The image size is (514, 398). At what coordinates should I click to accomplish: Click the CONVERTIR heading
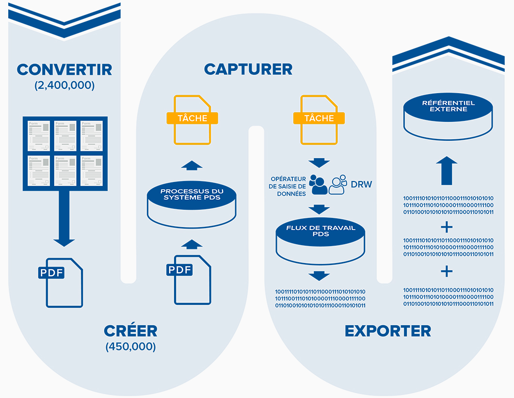pos(64,69)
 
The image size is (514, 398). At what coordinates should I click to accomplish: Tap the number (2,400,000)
pos(64,85)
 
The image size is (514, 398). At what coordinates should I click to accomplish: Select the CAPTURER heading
pos(248,69)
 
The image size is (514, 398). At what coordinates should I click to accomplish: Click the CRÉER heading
pos(130,331)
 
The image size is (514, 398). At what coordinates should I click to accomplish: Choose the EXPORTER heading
pos(388,331)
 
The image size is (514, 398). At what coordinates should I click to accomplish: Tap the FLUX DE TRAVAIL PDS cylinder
pos(321,240)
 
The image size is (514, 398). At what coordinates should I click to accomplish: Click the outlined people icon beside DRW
pos(338,185)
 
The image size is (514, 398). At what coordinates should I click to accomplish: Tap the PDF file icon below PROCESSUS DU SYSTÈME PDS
pos(190,279)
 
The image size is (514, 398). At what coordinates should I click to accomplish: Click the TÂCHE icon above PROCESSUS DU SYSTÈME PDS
pos(192,119)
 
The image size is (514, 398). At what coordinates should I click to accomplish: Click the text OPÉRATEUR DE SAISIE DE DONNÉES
pos(288,186)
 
